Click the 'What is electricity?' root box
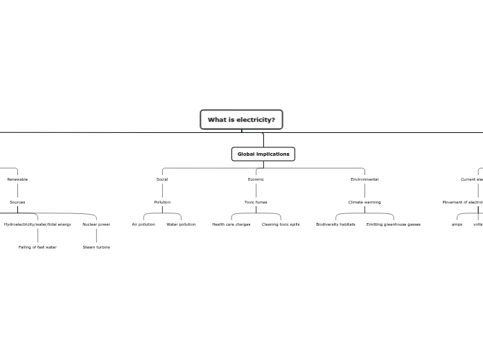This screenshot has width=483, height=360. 241,120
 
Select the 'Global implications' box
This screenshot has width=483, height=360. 263,154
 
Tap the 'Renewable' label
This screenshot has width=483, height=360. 17,179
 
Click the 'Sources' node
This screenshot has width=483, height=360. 17,202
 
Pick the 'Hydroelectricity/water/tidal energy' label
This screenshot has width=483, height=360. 37,224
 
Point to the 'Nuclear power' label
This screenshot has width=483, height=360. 96,224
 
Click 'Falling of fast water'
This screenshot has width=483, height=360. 37,247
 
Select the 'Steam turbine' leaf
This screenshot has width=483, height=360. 96,247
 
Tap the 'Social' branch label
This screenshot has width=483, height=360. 162,179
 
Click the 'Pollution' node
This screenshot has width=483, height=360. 162,202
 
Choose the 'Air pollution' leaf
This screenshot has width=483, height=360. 143,224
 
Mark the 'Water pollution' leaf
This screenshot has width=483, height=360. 181,224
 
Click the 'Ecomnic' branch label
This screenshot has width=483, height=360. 256,179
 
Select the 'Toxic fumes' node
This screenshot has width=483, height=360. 256,202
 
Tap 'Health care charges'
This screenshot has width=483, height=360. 231,224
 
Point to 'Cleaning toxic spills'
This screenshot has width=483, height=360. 281,224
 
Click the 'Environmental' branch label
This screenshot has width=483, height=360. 365,179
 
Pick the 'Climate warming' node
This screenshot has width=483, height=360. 365,202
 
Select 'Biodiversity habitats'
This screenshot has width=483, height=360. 335,224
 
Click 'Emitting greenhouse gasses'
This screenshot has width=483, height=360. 394,224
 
